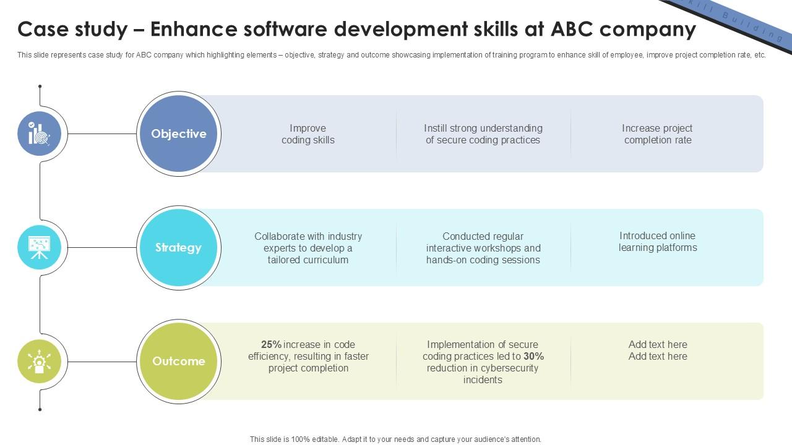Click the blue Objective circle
pyautogui.click(x=179, y=133)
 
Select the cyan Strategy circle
pyautogui.click(x=179, y=247)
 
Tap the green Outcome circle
pyautogui.click(x=179, y=361)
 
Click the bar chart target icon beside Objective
pyautogui.click(x=40, y=133)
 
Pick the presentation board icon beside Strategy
pyautogui.click(x=40, y=247)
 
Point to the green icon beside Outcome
pyautogui.click(x=40, y=361)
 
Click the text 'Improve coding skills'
pyautogui.click(x=308, y=134)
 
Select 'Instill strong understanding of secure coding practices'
pyautogui.click(x=483, y=134)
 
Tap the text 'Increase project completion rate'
pyautogui.click(x=657, y=134)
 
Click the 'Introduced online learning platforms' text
pyautogui.click(x=657, y=242)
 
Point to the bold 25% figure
pyautogui.click(x=271, y=345)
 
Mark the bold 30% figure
pyautogui.click(x=533, y=357)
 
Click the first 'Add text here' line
pyautogui.click(x=658, y=345)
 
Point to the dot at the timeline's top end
pyautogui.click(x=40, y=87)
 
